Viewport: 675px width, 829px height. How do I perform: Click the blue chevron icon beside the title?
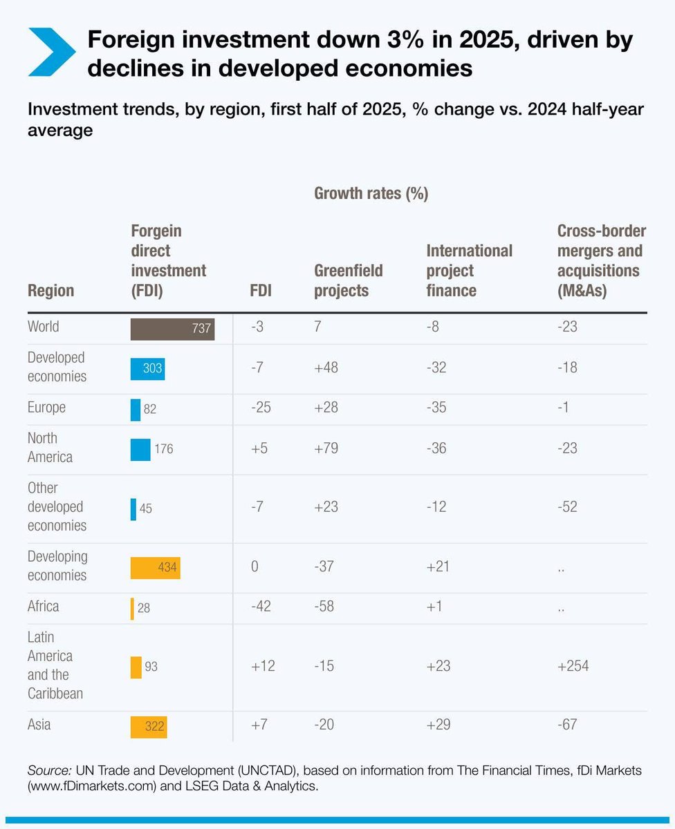pos(50,53)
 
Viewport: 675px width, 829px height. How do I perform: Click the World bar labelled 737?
pos(172,329)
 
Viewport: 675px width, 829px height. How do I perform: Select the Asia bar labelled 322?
pos(149,727)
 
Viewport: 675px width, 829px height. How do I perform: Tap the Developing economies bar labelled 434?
pos(155,567)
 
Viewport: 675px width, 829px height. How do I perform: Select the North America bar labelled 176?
pos(140,449)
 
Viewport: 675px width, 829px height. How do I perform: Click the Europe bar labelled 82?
pos(136,409)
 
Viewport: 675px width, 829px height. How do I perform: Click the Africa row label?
pos(43,607)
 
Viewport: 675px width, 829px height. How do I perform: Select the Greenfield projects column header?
pos(349,280)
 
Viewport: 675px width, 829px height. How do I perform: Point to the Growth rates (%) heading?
pos(371,194)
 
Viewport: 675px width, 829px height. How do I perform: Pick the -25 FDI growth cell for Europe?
pos(261,408)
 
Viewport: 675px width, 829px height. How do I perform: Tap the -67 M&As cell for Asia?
pos(567,725)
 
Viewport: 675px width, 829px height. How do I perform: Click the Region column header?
pos(50,291)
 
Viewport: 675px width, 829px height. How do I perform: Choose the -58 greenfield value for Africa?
pos(324,607)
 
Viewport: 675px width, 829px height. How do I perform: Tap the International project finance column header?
pos(470,271)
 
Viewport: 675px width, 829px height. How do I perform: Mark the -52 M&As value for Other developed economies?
pos(567,507)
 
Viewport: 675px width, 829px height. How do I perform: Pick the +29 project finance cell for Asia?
pos(437,725)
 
